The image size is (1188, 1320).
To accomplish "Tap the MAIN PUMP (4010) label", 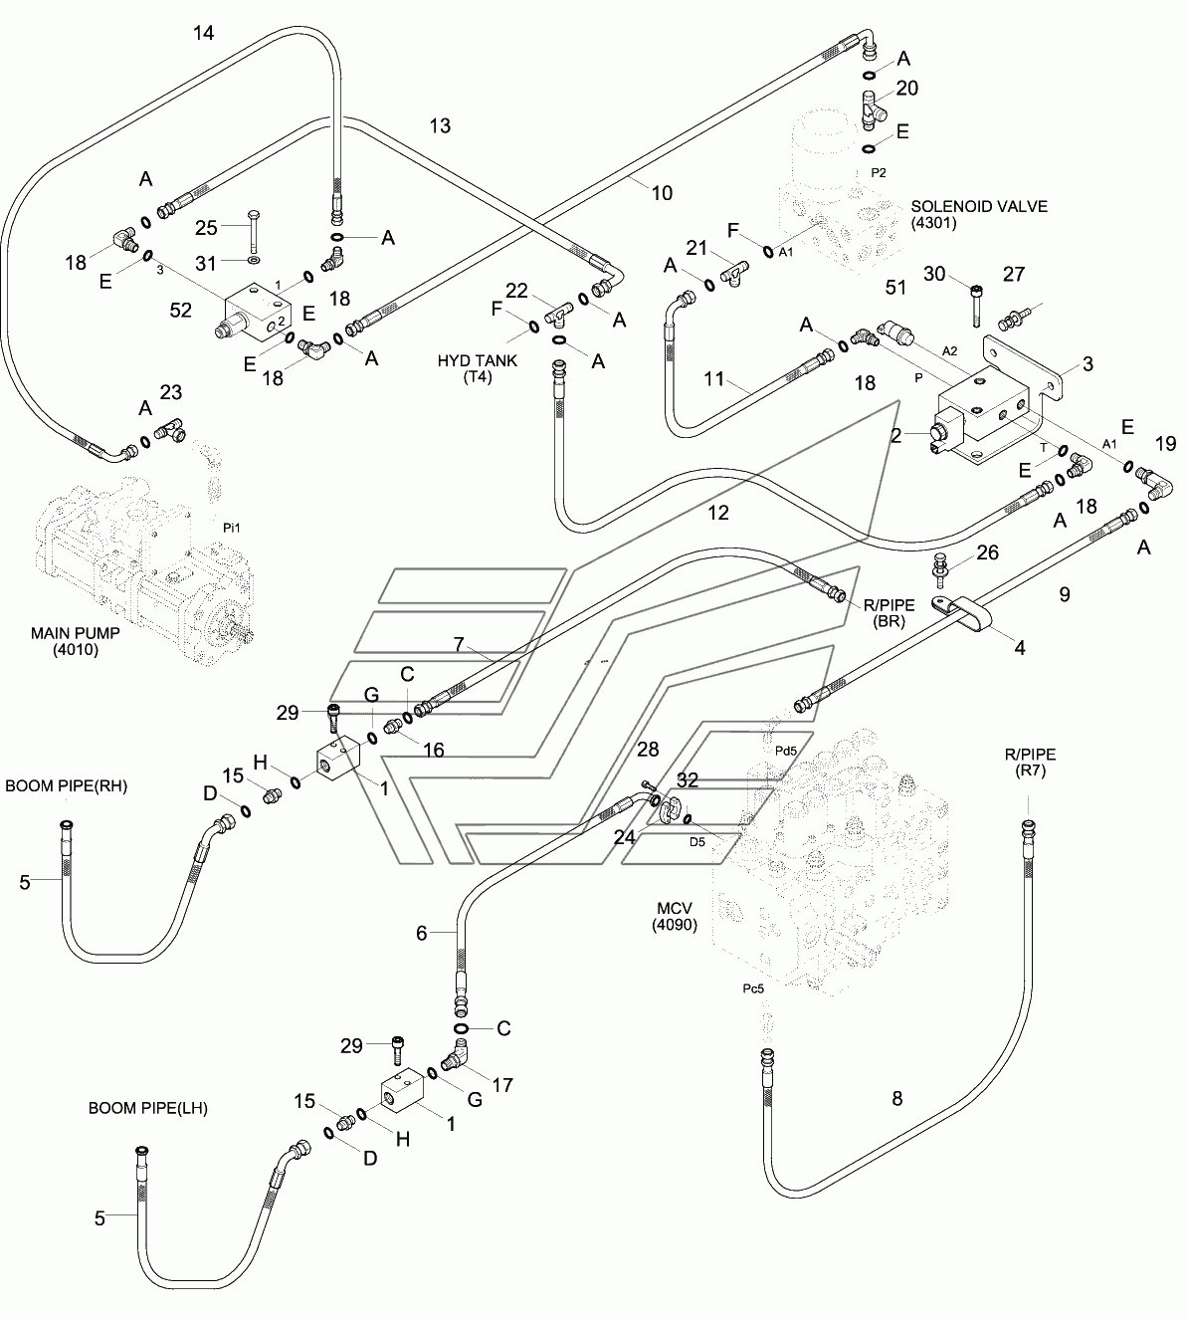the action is (76, 641).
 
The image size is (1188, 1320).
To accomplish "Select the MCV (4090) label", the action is (675, 916).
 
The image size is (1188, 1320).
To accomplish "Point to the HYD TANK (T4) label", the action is (477, 368).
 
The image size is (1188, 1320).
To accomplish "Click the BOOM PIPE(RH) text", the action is (67, 785).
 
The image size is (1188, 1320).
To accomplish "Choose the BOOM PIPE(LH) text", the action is (148, 1108).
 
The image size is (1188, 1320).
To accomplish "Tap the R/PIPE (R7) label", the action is (1030, 762).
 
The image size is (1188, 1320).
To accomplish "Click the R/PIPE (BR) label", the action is (889, 612).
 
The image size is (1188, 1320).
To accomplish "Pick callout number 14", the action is (204, 33).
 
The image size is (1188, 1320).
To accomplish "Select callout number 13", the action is (440, 125).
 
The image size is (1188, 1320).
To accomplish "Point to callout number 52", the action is (181, 310).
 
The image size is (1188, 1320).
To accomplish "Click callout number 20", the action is (907, 89).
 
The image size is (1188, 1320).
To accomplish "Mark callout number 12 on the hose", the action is (718, 513).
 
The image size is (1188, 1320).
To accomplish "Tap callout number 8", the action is (897, 1098).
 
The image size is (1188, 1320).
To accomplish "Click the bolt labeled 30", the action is (976, 306).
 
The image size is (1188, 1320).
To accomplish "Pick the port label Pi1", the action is (232, 528).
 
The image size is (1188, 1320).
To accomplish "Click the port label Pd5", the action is (785, 751).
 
